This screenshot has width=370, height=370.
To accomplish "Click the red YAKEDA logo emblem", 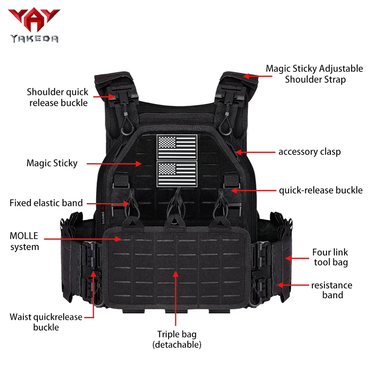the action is point(34,20).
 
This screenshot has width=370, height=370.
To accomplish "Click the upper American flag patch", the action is point(177,147).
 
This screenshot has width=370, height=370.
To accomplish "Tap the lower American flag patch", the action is point(177,174).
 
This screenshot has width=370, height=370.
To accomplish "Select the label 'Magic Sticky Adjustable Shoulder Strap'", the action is point(314,74).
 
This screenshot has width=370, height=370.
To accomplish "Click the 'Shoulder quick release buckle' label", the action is point(58,97).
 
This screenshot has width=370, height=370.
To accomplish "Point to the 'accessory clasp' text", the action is point(310,152).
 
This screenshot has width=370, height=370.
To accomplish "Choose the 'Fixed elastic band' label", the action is point(46,203).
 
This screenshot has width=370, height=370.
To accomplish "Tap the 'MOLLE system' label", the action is point(24,241).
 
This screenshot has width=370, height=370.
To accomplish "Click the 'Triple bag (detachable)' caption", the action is point(177,339).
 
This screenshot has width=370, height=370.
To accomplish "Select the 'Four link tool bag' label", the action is point(331,257).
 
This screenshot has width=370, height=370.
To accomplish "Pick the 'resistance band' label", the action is point(332,290).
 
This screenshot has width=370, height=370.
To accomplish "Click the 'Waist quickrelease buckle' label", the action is point(46,322).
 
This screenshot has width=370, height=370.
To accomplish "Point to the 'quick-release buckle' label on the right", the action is point(321,190).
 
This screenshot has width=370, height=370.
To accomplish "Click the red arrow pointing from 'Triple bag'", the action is point(176,298).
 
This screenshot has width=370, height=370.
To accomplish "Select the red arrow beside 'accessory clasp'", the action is point(255,152).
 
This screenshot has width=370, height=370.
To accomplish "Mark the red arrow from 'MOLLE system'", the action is point(83,239).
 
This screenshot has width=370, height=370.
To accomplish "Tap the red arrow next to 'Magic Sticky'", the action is point(114,164).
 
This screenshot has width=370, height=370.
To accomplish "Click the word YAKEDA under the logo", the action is point(34,39).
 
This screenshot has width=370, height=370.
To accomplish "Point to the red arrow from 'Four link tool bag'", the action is point(297,259).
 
